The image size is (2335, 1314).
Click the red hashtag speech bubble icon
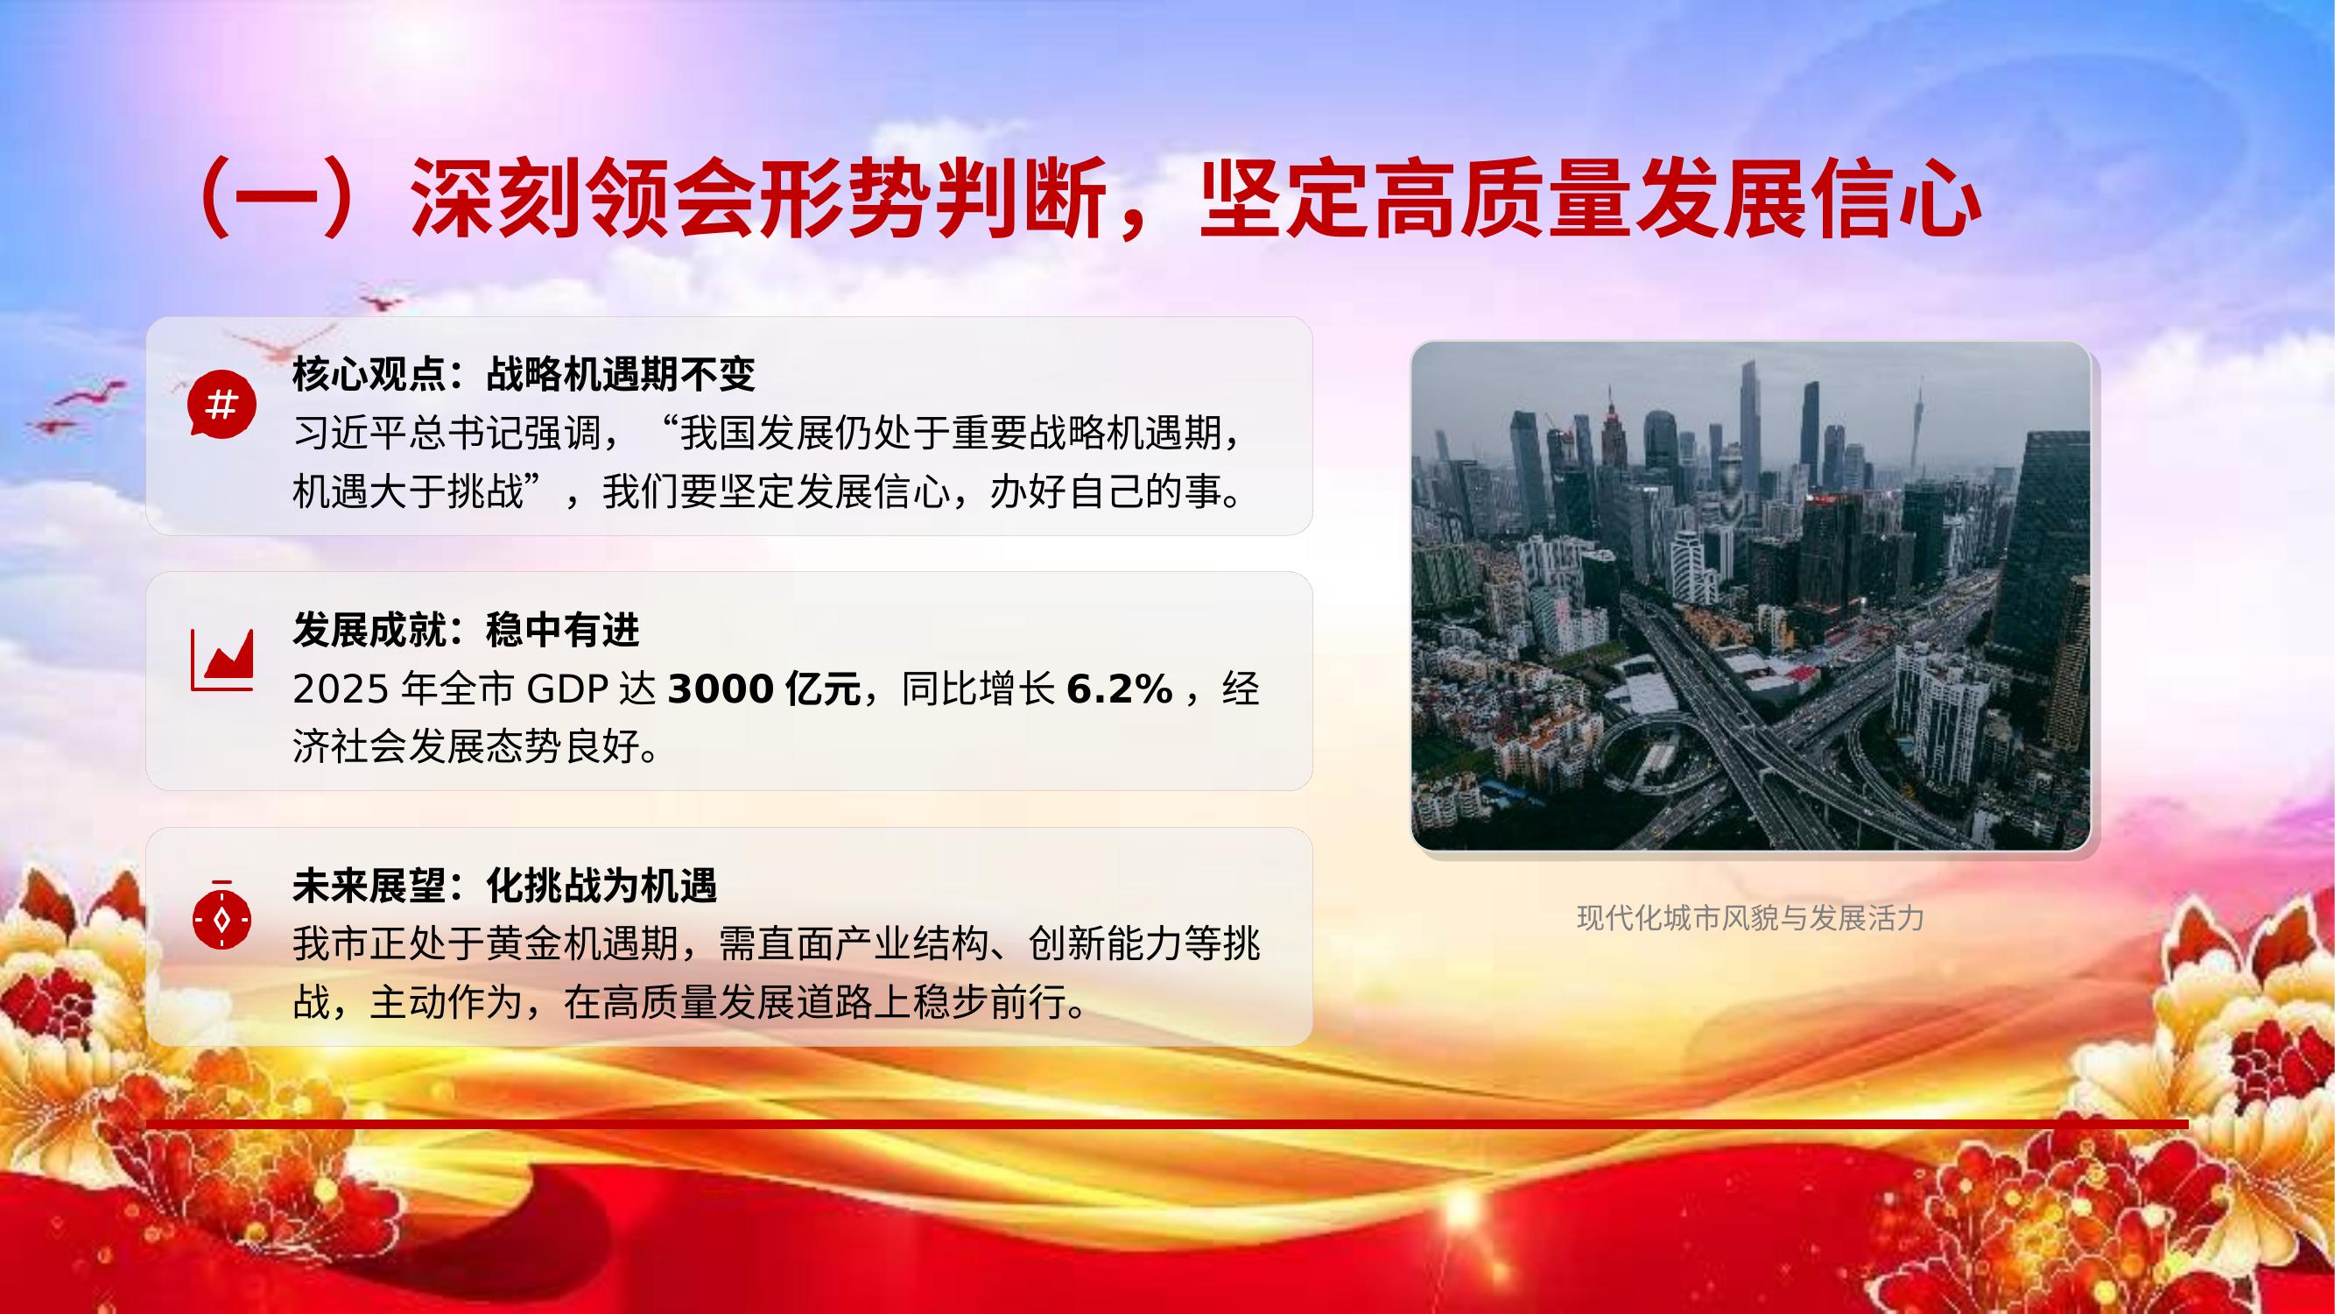(x=222, y=404)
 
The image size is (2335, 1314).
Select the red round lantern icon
(x=222, y=916)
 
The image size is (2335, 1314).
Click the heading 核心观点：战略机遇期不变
(x=523, y=374)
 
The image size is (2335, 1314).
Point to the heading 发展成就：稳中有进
(x=466, y=630)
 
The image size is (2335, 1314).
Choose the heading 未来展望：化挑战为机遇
(x=504, y=886)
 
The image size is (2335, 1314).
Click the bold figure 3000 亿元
(x=764, y=690)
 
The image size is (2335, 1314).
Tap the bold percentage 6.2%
(x=1120, y=690)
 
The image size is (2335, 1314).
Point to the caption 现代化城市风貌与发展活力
(x=1750, y=919)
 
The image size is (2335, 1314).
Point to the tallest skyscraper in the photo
(x=1747, y=427)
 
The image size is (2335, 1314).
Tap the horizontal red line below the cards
(x=1168, y=1126)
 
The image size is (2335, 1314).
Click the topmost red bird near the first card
(x=381, y=300)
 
